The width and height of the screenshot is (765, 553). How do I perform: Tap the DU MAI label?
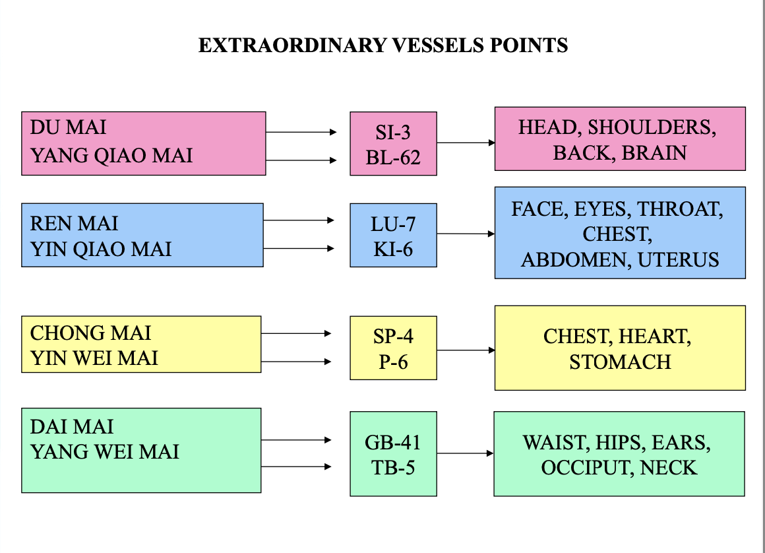(68, 127)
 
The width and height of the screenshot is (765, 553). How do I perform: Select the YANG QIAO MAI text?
(111, 156)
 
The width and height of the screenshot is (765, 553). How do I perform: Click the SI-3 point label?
(393, 133)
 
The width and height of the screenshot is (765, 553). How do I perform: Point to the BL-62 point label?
(393, 158)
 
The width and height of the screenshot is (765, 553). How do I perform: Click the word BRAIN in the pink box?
(654, 153)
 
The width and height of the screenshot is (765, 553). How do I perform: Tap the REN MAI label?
(74, 224)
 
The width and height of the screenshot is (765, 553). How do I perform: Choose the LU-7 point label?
(393, 224)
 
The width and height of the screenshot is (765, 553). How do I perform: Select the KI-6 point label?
(393, 249)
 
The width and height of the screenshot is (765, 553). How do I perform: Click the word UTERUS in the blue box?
(678, 260)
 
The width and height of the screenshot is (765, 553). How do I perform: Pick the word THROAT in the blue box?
(680, 209)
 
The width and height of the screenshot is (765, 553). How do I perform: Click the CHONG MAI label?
(90, 333)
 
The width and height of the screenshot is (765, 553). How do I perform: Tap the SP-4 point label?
(393, 337)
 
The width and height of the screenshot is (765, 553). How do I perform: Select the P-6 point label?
(393, 362)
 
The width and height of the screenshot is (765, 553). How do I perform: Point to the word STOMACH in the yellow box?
(620, 362)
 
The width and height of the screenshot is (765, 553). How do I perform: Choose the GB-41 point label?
(393, 442)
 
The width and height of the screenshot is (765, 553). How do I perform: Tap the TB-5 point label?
(393, 467)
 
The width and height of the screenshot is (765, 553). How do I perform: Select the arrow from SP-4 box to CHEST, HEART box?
(465, 350)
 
